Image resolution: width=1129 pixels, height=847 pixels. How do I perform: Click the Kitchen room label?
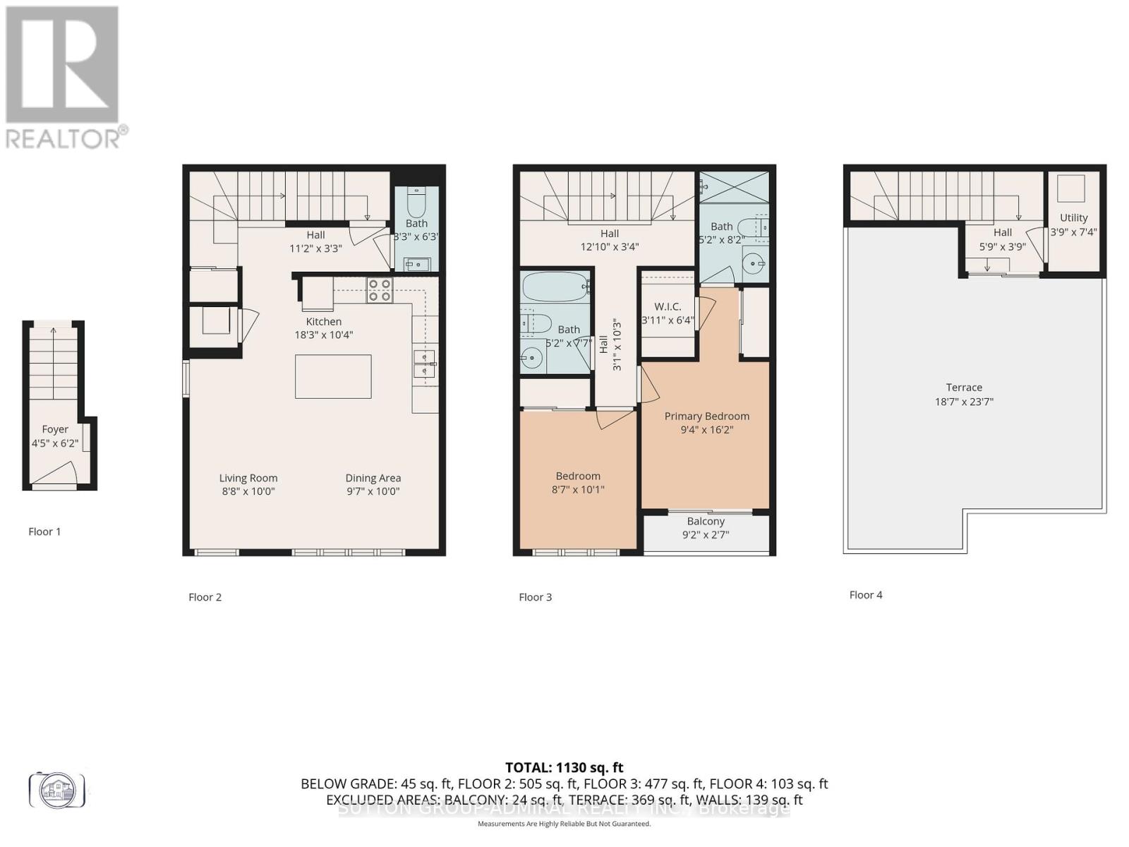click(323, 322)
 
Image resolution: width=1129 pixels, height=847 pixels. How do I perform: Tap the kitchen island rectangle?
click(333, 376)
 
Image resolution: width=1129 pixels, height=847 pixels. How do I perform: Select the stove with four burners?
click(380, 290)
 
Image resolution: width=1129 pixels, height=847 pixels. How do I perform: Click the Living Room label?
click(248, 478)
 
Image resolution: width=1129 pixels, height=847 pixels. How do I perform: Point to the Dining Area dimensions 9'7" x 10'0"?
click(373, 491)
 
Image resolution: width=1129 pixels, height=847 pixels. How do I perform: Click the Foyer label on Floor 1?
click(55, 429)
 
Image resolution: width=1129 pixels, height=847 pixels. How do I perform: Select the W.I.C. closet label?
click(668, 306)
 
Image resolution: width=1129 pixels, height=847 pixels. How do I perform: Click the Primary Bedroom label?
click(706, 416)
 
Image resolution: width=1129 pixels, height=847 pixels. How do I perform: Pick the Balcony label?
click(706, 522)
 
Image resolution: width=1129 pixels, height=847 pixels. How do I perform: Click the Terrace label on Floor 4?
click(964, 388)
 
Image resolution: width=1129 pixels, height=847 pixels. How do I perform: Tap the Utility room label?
click(1073, 218)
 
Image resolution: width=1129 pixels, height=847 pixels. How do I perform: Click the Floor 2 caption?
click(205, 597)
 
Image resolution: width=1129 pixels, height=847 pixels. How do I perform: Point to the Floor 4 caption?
click(866, 595)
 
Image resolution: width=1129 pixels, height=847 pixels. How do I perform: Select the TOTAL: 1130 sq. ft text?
click(564, 767)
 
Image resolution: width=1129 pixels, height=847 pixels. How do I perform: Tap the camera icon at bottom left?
click(56, 789)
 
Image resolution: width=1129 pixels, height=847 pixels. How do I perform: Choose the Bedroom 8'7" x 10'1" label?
click(578, 483)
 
